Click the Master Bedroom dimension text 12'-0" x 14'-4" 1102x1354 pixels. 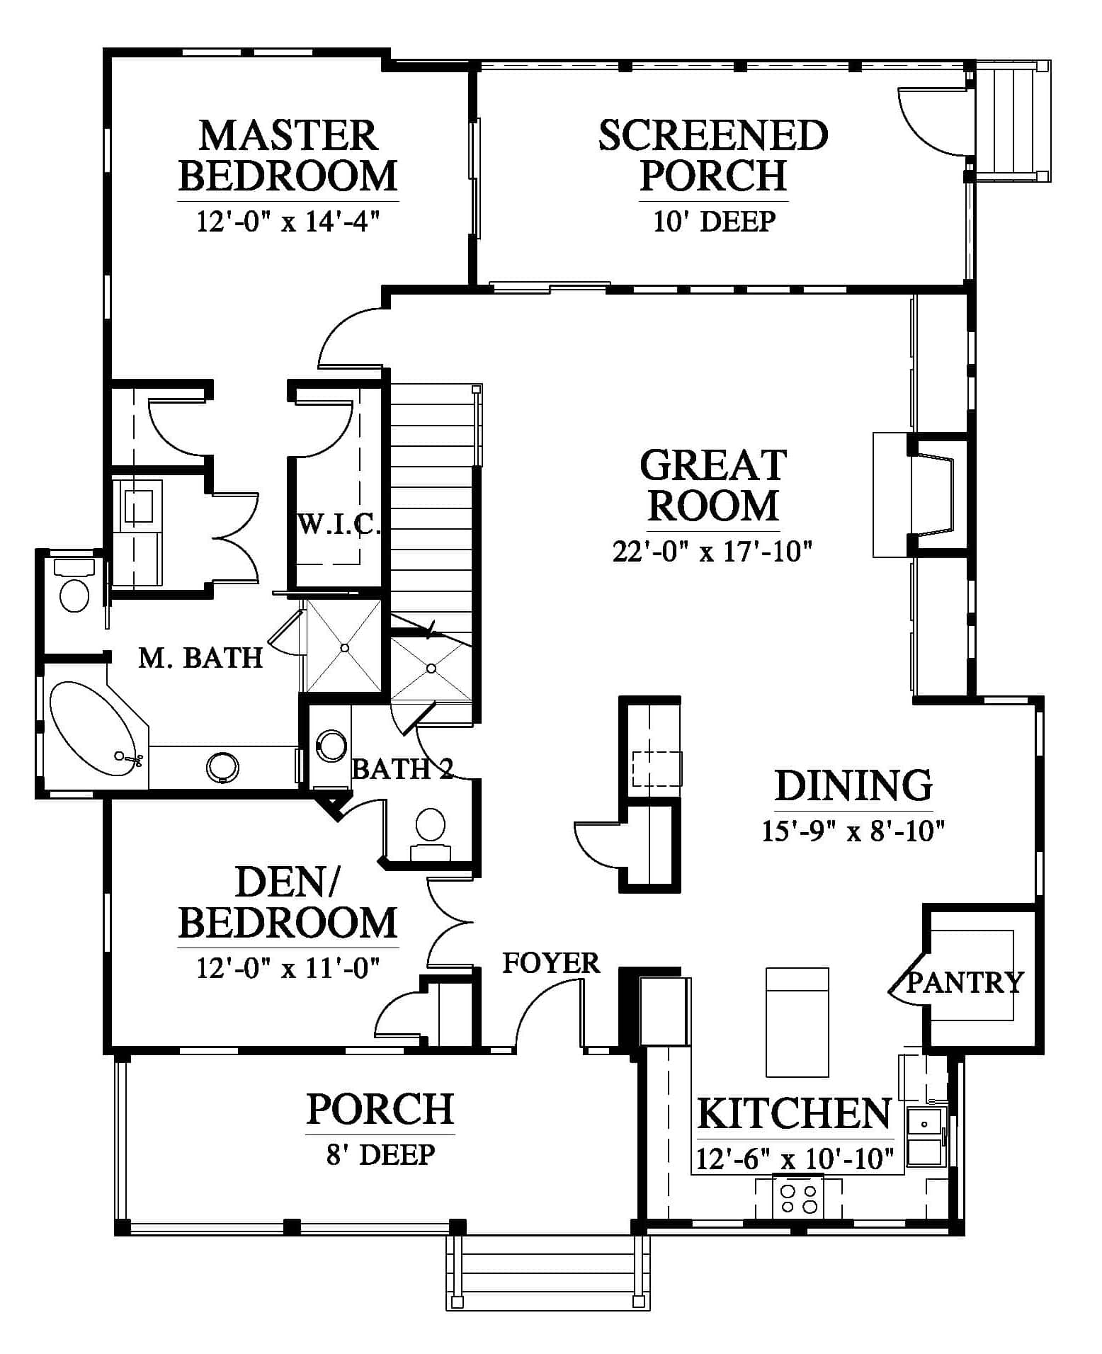point(288,222)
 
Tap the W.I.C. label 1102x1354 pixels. point(339,525)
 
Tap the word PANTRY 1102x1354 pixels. point(966,982)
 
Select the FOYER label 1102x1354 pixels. point(551,963)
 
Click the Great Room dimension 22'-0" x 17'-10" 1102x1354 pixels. point(712,551)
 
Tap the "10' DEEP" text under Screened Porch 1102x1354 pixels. point(714,222)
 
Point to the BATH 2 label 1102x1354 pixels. point(402,768)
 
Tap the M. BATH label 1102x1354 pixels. point(200,658)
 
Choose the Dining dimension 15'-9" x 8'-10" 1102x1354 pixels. point(853,830)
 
